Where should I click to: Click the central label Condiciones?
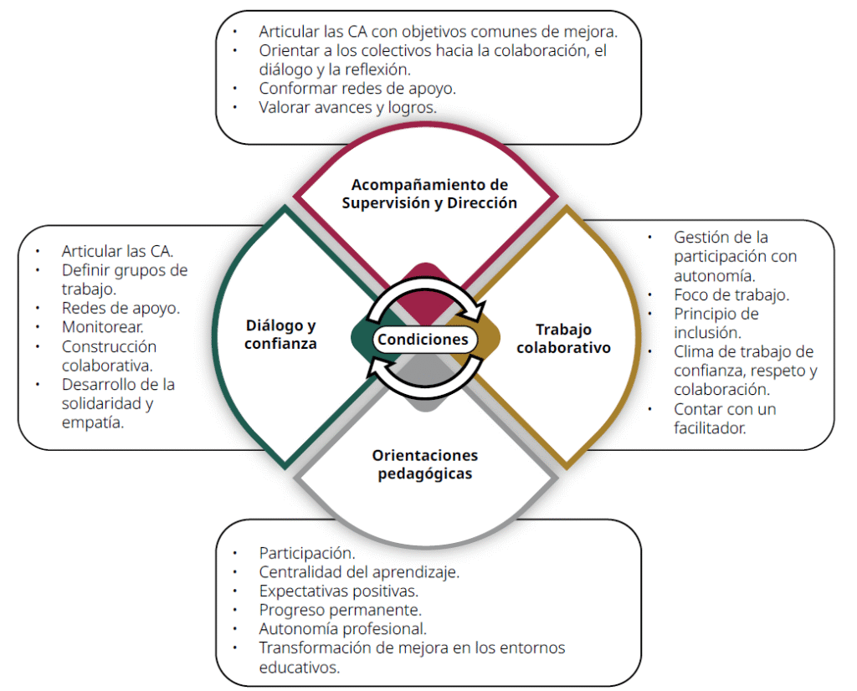coord(423,339)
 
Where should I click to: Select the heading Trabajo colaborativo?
coord(562,338)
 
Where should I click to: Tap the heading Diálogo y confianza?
coord(280,334)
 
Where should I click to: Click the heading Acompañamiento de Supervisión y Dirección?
coord(429,193)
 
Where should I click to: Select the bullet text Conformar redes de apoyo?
coord(357,88)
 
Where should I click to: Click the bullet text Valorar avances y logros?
coord(347,107)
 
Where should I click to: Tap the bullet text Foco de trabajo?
coord(731,294)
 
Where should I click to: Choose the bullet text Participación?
coord(307,553)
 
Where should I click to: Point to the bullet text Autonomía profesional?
coord(343,629)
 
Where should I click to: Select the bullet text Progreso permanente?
coord(340,610)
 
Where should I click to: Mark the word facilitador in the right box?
coord(710,427)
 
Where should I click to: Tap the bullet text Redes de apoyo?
coord(121,308)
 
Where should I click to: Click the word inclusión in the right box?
coord(706,333)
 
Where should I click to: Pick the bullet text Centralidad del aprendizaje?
coord(359,572)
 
